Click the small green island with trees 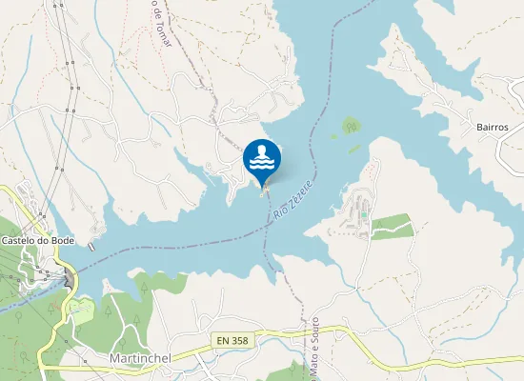tap(351, 125)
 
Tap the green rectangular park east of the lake tap(392, 227)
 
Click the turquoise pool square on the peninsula tap(363, 214)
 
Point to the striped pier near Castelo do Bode tap(91, 246)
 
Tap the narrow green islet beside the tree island tap(354, 148)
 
